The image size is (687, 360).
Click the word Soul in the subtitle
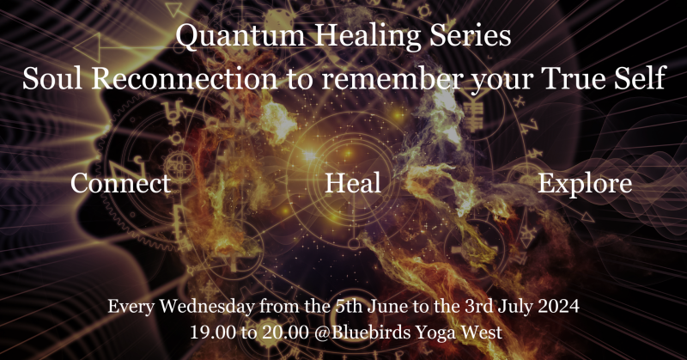coord(52,81)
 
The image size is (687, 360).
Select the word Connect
coord(120,184)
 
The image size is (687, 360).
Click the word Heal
coord(353,184)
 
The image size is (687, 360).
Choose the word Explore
coord(585,184)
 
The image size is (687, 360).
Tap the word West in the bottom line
coord(492,329)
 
